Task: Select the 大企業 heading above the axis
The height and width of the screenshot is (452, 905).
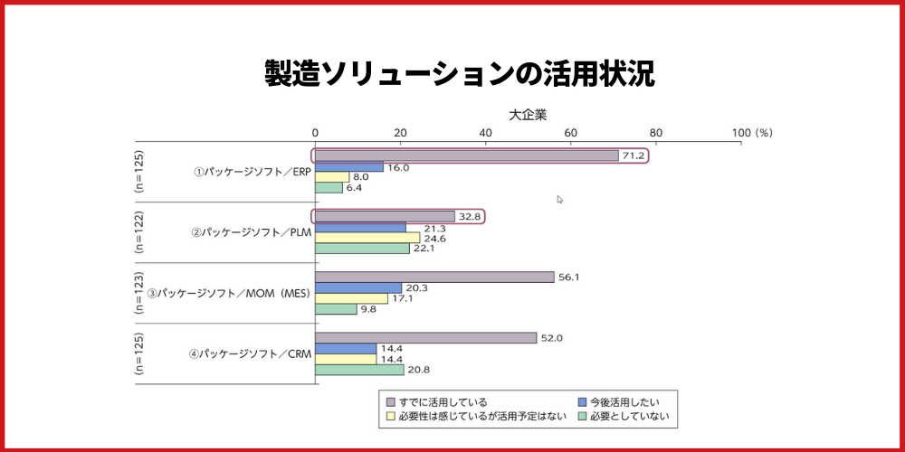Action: click(528, 115)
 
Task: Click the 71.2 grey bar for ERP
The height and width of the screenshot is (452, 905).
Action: click(466, 155)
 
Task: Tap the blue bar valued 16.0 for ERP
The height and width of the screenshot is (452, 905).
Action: click(348, 167)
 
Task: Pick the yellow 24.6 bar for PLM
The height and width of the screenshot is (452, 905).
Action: click(367, 238)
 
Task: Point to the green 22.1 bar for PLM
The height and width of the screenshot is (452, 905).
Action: click(362, 249)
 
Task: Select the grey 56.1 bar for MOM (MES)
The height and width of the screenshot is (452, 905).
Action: click(434, 277)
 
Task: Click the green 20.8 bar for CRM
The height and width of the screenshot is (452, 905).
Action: click(359, 370)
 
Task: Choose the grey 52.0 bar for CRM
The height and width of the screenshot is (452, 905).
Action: click(425, 338)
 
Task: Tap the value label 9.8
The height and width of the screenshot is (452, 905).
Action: click(370, 309)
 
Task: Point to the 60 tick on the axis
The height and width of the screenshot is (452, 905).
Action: click(570, 133)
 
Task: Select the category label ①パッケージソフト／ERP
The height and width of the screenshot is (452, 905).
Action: click(251, 172)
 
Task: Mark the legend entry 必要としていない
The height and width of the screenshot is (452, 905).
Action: click(631, 416)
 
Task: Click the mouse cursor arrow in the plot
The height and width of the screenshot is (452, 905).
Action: click(560, 200)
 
